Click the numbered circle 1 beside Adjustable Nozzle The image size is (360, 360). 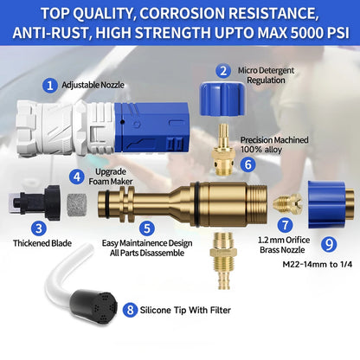pyautogui.click(x=50, y=86)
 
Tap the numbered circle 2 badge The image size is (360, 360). pyautogui.click(x=223, y=71)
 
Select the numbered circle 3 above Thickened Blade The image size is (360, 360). pyautogui.click(x=39, y=228)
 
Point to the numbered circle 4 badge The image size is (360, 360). pyautogui.click(x=77, y=177)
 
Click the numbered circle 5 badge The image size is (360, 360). pyautogui.click(x=147, y=228)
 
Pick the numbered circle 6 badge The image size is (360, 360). pyautogui.click(x=248, y=165)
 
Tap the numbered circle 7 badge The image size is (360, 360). pyautogui.click(x=286, y=225)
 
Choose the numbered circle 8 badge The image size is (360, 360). pyautogui.click(x=130, y=310)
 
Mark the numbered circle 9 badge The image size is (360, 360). pyautogui.click(x=329, y=245)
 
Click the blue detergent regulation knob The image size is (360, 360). pyautogui.click(x=222, y=99)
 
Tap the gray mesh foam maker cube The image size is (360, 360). pyautogui.click(x=77, y=205)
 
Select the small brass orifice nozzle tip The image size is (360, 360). pyautogui.click(x=288, y=203)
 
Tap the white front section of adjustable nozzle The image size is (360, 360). pyautogui.click(x=66, y=129)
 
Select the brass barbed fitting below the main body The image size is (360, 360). pyautogui.click(x=222, y=260)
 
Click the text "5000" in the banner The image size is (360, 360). pyautogui.click(x=306, y=33)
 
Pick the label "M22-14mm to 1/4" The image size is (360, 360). pyautogui.click(x=318, y=264)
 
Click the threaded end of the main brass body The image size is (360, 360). pyautogui.click(x=257, y=204)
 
